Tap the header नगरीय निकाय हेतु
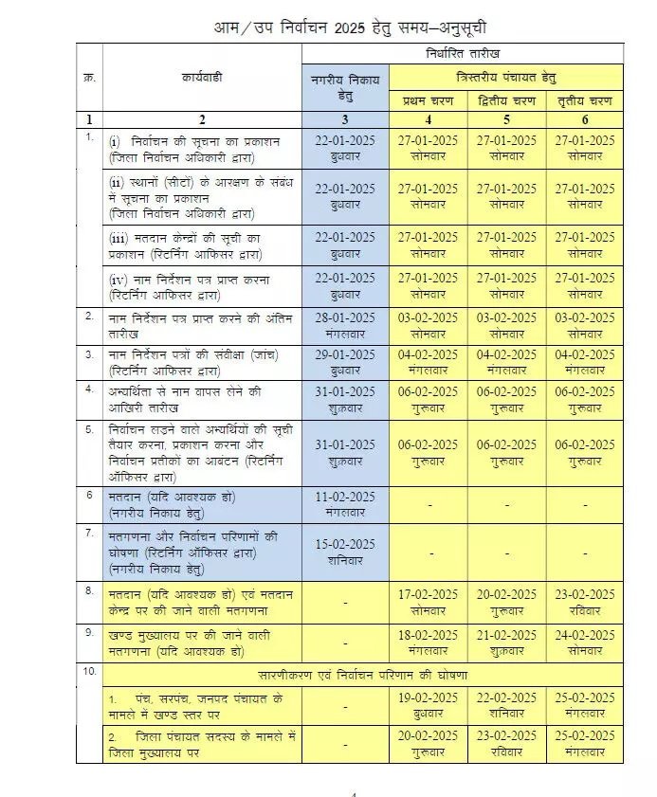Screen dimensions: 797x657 [345, 87]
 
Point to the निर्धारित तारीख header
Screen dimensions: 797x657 [463, 54]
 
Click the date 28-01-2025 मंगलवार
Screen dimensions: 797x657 [345, 324]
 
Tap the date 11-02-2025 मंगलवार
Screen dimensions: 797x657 [345, 504]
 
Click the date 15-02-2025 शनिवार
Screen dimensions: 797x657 [345, 552]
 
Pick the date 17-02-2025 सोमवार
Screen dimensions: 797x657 [427, 603]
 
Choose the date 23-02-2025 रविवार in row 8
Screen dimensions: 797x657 [585, 603]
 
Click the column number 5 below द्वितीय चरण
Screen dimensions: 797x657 [505, 119]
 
